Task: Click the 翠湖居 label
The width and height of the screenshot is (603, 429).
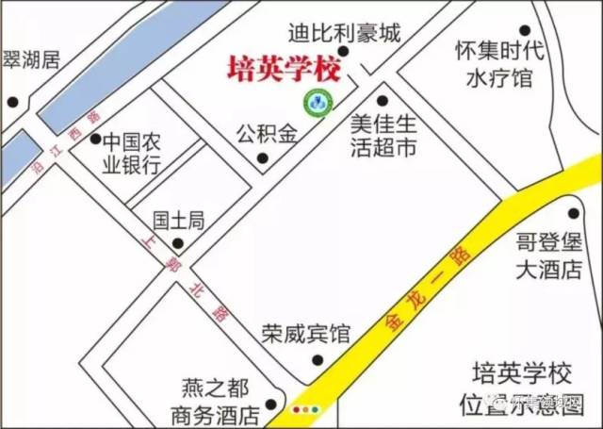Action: click(x=31, y=61)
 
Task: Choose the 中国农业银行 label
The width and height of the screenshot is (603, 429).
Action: click(x=133, y=156)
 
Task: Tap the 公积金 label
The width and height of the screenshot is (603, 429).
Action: click(x=266, y=132)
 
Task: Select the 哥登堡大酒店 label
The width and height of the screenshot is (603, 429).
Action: click(x=549, y=256)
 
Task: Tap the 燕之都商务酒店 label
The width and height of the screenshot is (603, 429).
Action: click(x=215, y=400)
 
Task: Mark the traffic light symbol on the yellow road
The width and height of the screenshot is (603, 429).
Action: click(x=307, y=410)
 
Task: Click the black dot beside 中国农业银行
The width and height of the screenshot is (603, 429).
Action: click(x=95, y=140)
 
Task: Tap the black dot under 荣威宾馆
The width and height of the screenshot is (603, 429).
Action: click(x=318, y=358)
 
